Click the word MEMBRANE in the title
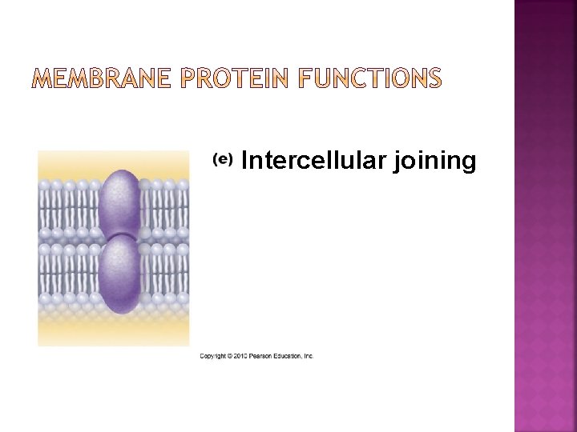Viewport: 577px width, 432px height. (102, 78)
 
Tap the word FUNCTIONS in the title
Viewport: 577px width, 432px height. (372, 78)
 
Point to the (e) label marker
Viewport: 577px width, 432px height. (222, 159)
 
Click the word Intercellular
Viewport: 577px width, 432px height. (314, 161)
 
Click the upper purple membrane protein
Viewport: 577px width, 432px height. (119, 205)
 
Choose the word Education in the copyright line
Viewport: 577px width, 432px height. (289, 356)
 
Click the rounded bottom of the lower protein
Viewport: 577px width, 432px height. (119, 308)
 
